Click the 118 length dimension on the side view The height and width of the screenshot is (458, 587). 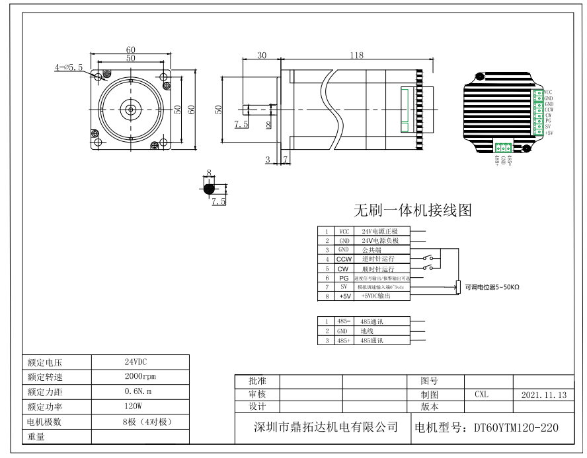click(356, 55)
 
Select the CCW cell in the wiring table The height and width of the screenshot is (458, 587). click(343, 260)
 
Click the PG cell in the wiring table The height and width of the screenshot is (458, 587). click(343, 278)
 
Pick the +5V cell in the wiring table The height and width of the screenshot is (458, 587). click(343, 297)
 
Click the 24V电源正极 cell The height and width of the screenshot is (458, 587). click(380, 232)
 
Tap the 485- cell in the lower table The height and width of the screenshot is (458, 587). click(343, 321)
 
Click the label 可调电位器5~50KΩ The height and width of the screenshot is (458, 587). click(492, 287)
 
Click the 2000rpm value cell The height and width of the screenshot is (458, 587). click(139, 376)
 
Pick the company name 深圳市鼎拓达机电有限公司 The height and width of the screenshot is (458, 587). click(326, 428)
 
